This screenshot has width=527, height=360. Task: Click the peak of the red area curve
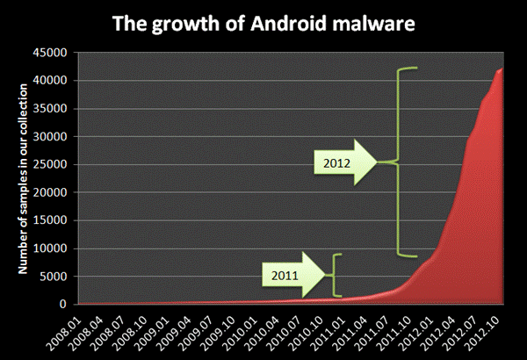[x=502, y=69]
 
